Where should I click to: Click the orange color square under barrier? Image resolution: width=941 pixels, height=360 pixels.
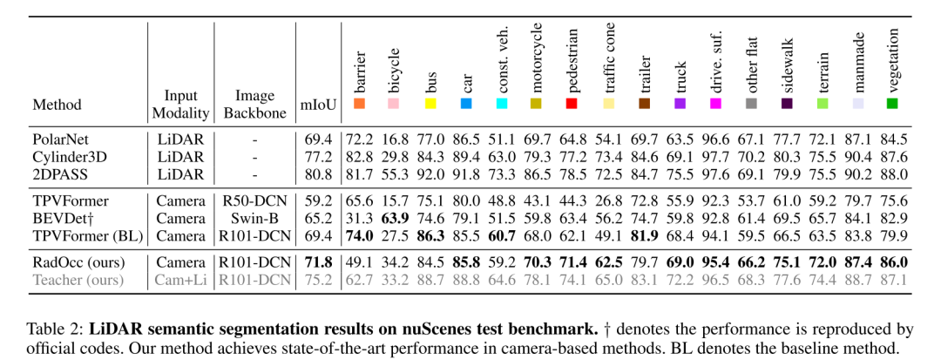click(x=359, y=105)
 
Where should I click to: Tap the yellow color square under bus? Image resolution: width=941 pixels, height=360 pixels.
click(x=430, y=105)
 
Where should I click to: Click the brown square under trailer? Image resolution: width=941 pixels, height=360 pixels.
click(x=644, y=105)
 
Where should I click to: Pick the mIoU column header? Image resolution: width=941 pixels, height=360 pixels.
click(x=315, y=105)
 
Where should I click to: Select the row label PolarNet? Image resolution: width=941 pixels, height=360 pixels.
click(x=62, y=139)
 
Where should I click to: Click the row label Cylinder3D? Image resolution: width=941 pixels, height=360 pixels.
click(x=69, y=157)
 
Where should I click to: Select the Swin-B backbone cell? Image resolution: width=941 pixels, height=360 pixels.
click(x=255, y=218)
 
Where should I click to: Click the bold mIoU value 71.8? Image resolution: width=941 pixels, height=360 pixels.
click(x=316, y=262)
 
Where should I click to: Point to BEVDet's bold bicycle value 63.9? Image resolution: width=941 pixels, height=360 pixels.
click(x=395, y=218)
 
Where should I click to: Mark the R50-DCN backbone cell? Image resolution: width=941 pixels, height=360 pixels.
click(x=255, y=200)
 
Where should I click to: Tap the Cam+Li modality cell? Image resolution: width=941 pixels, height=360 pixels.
click(x=180, y=280)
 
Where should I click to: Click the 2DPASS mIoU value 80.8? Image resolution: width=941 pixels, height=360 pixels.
click(x=316, y=174)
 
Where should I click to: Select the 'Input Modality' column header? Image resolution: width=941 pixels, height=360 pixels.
click(x=180, y=105)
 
